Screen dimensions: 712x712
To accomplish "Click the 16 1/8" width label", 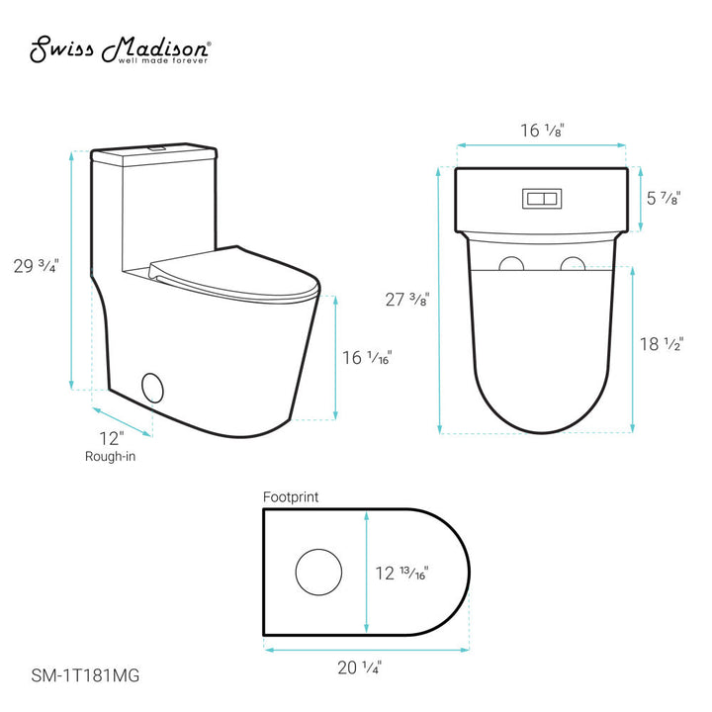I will click(x=539, y=129).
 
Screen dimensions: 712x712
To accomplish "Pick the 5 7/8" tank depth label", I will click(x=664, y=198).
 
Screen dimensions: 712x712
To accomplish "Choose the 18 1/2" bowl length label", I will click(x=663, y=344).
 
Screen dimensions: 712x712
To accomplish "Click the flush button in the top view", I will click(x=540, y=198).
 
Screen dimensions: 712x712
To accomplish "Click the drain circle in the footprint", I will click(x=317, y=572).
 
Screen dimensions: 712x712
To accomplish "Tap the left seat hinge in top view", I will click(x=510, y=264).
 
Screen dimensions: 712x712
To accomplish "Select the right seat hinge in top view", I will click(x=573, y=264).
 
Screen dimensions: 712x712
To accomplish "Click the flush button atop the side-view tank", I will click(x=154, y=148).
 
